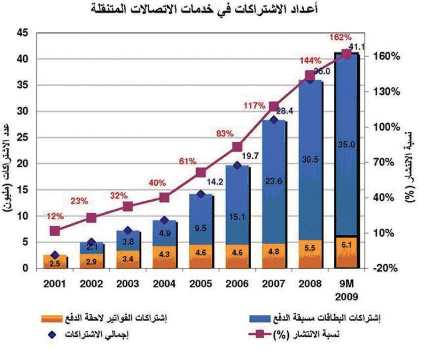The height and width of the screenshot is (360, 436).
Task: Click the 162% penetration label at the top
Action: [340, 37]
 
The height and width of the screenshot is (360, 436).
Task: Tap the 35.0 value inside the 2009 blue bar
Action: [347, 144]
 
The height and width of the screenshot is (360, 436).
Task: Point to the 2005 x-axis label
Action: [201, 284]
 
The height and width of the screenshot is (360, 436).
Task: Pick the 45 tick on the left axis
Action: [22, 33]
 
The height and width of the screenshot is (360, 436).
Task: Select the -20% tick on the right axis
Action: [389, 268]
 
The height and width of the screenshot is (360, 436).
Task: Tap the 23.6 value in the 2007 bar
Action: [274, 182]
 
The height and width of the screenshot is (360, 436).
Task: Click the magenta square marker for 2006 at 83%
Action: [237, 147]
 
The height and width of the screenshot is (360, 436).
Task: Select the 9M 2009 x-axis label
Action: [347, 290]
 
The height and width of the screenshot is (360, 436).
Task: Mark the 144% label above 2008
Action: [310, 61]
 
